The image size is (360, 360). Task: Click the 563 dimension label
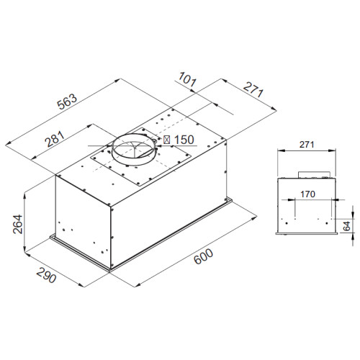click(x=68, y=102)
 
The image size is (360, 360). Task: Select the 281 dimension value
click(x=55, y=139)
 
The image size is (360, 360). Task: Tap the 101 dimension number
click(x=187, y=79)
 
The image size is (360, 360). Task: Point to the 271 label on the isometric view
click(x=253, y=89)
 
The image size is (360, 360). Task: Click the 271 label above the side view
click(x=307, y=145)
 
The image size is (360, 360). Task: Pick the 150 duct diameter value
click(x=184, y=140)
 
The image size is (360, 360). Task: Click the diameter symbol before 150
click(x=167, y=140)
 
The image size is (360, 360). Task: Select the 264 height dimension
click(x=18, y=224)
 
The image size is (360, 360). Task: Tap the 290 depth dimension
click(x=46, y=275)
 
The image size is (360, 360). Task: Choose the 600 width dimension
click(x=203, y=256)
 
